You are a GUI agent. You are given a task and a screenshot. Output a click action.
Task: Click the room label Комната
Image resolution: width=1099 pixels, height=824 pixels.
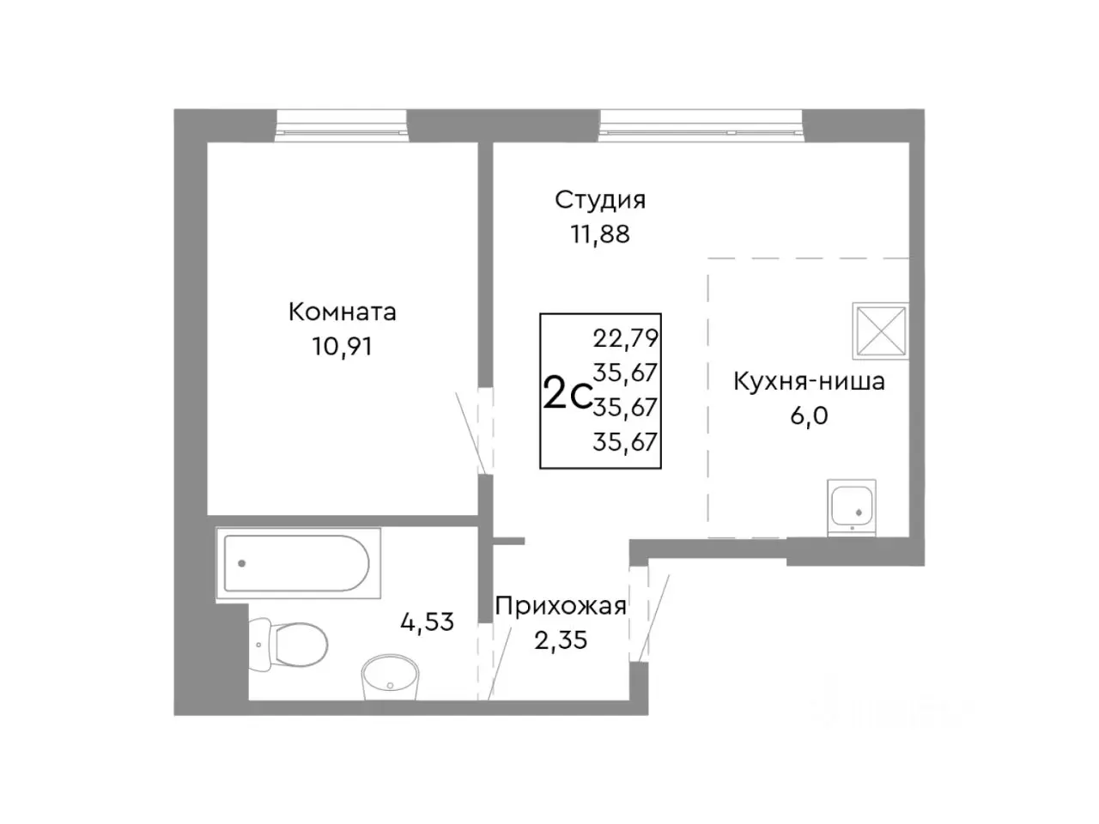pyautogui.click(x=342, y=311)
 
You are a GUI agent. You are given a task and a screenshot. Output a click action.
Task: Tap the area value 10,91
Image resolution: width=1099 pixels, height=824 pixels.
pyautogui.click(x=342, y=346)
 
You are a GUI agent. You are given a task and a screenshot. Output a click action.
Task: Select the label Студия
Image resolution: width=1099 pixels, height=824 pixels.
pyautogui.click(x=599, y=200)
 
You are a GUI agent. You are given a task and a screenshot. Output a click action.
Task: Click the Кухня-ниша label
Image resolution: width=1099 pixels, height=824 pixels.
pyautogui.click(x=808, y=381)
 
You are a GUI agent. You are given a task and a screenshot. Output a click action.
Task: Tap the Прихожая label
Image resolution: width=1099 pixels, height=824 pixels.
pyautogui.click(x=560, y=606)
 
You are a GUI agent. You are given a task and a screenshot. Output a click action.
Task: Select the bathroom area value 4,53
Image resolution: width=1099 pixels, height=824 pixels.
pyautogui.click(x=427, y=621)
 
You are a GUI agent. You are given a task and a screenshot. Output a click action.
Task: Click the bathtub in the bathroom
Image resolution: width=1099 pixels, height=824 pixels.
pyautogui.click(x=296, y=564)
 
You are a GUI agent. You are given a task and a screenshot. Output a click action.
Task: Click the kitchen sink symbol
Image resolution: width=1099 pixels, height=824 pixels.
pyautogui.click(x=852, y=506)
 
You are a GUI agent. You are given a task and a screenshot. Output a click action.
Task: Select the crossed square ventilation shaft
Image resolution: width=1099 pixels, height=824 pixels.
pyautogui.click(x=879, y=330)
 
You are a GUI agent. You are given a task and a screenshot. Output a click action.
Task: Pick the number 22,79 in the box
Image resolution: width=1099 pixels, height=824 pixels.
pyautogui.click(x=625, y=338)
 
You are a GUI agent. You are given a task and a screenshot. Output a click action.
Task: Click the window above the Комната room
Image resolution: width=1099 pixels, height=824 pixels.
pyautogui.click(x=341, y=126)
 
